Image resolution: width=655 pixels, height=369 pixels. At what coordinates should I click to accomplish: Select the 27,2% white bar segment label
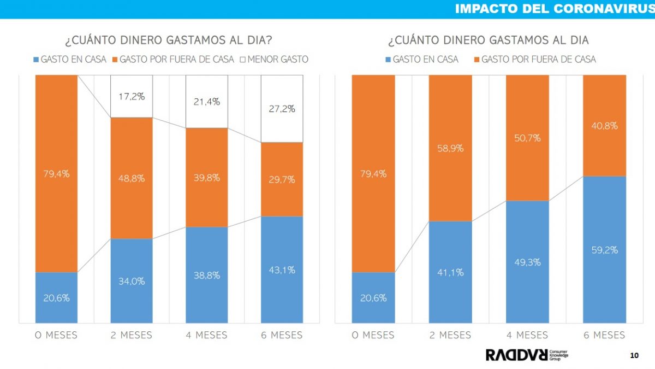tap(282, 109)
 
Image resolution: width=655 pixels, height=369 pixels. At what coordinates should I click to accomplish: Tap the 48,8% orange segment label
tap(132, 178)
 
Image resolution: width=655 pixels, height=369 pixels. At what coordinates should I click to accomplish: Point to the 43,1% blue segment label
tap(282, 270)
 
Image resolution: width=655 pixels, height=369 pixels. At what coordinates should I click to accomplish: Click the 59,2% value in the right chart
tap(604, 250)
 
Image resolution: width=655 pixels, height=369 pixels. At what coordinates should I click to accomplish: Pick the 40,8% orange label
tap(604, 126)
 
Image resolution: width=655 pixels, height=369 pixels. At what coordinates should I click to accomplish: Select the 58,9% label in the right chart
tap(450, 148)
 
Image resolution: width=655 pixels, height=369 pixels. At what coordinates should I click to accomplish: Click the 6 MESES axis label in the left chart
tap(282, 335)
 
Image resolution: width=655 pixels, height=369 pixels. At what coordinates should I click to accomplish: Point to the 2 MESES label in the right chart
tap(450, 335)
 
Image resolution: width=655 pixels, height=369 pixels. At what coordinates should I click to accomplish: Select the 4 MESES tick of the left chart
tap(206, 335)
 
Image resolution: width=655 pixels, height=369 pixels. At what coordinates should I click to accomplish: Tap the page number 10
tap(634, 356)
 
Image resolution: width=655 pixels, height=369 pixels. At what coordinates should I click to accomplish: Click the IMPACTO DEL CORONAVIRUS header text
tap(553, 9)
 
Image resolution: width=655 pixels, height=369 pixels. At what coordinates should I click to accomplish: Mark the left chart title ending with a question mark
tap(169, 40)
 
